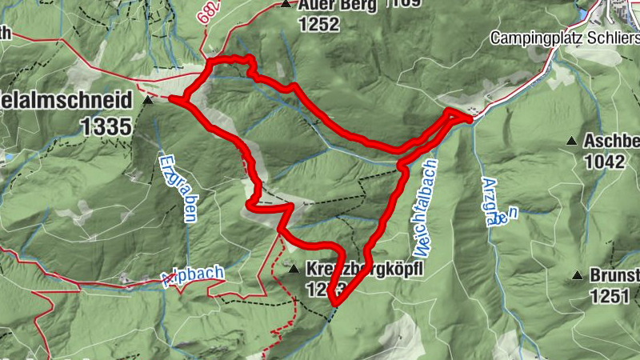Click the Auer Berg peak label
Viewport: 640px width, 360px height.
334,5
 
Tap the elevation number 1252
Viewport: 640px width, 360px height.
320,25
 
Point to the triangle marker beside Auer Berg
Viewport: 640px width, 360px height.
286,5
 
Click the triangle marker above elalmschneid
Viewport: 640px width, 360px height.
148,102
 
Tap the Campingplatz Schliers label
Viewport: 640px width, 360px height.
564,38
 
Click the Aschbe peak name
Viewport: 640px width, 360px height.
612,141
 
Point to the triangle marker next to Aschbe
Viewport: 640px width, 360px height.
571,142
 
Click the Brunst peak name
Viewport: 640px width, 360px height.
615,277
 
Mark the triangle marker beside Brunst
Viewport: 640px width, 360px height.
577,277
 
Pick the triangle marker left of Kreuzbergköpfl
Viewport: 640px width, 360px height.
294,269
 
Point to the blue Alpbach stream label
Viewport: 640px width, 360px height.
193,274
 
